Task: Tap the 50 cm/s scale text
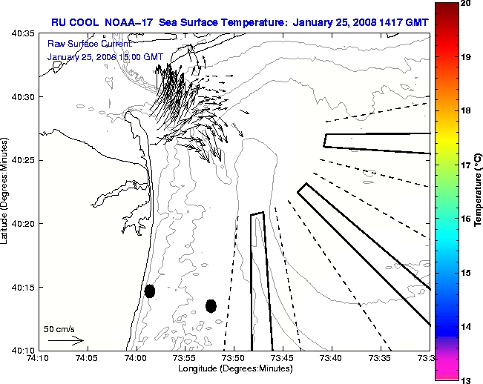coord(59,328)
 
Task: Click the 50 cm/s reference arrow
coord(65,341)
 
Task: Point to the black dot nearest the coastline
coord(150,291)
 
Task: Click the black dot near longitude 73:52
coord(211,305)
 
